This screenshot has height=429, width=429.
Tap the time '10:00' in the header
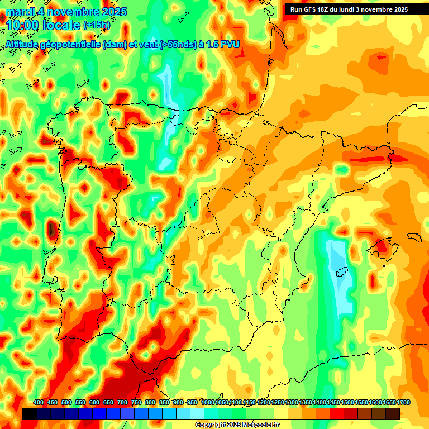point(25,25)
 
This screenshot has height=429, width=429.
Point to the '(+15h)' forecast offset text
point(96,26)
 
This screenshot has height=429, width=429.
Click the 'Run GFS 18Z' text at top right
point(313,9)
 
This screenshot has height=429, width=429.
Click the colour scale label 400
point(39,403)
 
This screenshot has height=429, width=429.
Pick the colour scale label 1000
point(208,403)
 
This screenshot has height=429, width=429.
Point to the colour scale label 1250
point(278,403)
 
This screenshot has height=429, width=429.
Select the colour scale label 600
point(94,403)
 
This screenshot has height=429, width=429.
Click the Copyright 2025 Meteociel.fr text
point(237,425)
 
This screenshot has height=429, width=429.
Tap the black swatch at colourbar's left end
point(30,413)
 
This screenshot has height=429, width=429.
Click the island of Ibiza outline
point(341,272)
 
